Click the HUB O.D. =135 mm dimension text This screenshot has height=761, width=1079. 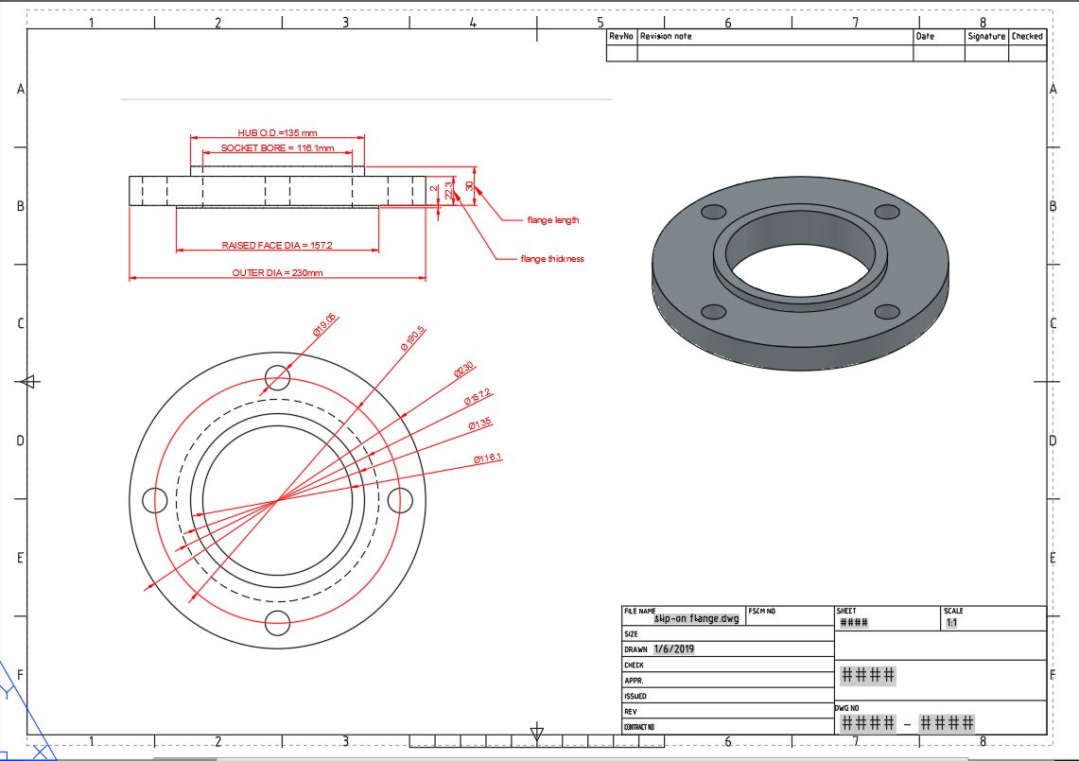[277, 133]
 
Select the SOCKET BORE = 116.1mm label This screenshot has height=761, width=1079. [277, 148]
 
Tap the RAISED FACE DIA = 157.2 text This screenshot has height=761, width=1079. [277, 245]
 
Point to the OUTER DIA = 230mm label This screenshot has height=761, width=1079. [277, 272]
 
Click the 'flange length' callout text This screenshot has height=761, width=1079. [552, 220]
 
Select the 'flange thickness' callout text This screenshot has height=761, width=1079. [552, 258]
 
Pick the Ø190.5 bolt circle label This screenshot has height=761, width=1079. [413, 337]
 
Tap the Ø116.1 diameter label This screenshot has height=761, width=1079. [488, 458]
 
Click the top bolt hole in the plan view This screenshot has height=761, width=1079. [277, 379]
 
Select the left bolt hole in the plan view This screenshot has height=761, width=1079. [154, 500]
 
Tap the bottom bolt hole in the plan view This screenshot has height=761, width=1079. [277, 622]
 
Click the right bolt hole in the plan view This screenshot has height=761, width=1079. [400, 499]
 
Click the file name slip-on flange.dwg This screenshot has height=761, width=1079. [696, 619]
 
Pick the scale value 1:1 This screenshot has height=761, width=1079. [951, 623]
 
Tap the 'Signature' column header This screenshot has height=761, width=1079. [985, 36]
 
